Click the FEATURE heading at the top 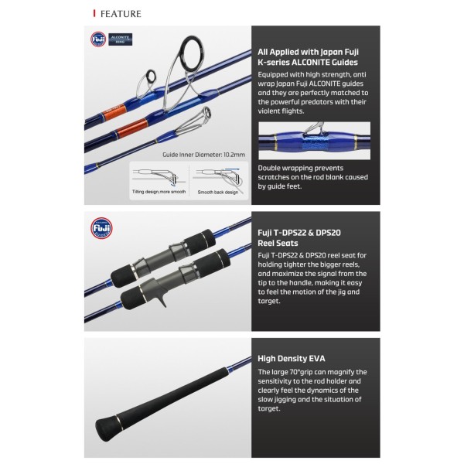click(x=121, y=14)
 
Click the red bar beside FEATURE click(x=94, y=13)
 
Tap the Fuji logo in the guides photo click(x=98, y=39)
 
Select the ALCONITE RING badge click(x=121, y=39)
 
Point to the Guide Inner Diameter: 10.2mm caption click(x=204, y=155)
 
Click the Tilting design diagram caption click(x=159, y=192)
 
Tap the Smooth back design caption click(x=218, y=193)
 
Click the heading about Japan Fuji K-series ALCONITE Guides click(x=308, y=57)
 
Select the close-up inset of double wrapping click(x=314, y=141)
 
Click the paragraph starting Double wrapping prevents click(x=312, y=177)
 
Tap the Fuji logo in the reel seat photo click(x=101, y=228)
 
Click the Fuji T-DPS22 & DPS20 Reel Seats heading click(x=299, y=238)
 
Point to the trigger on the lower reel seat click(x=162, y=300)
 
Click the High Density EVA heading click(x=292, y=359)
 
